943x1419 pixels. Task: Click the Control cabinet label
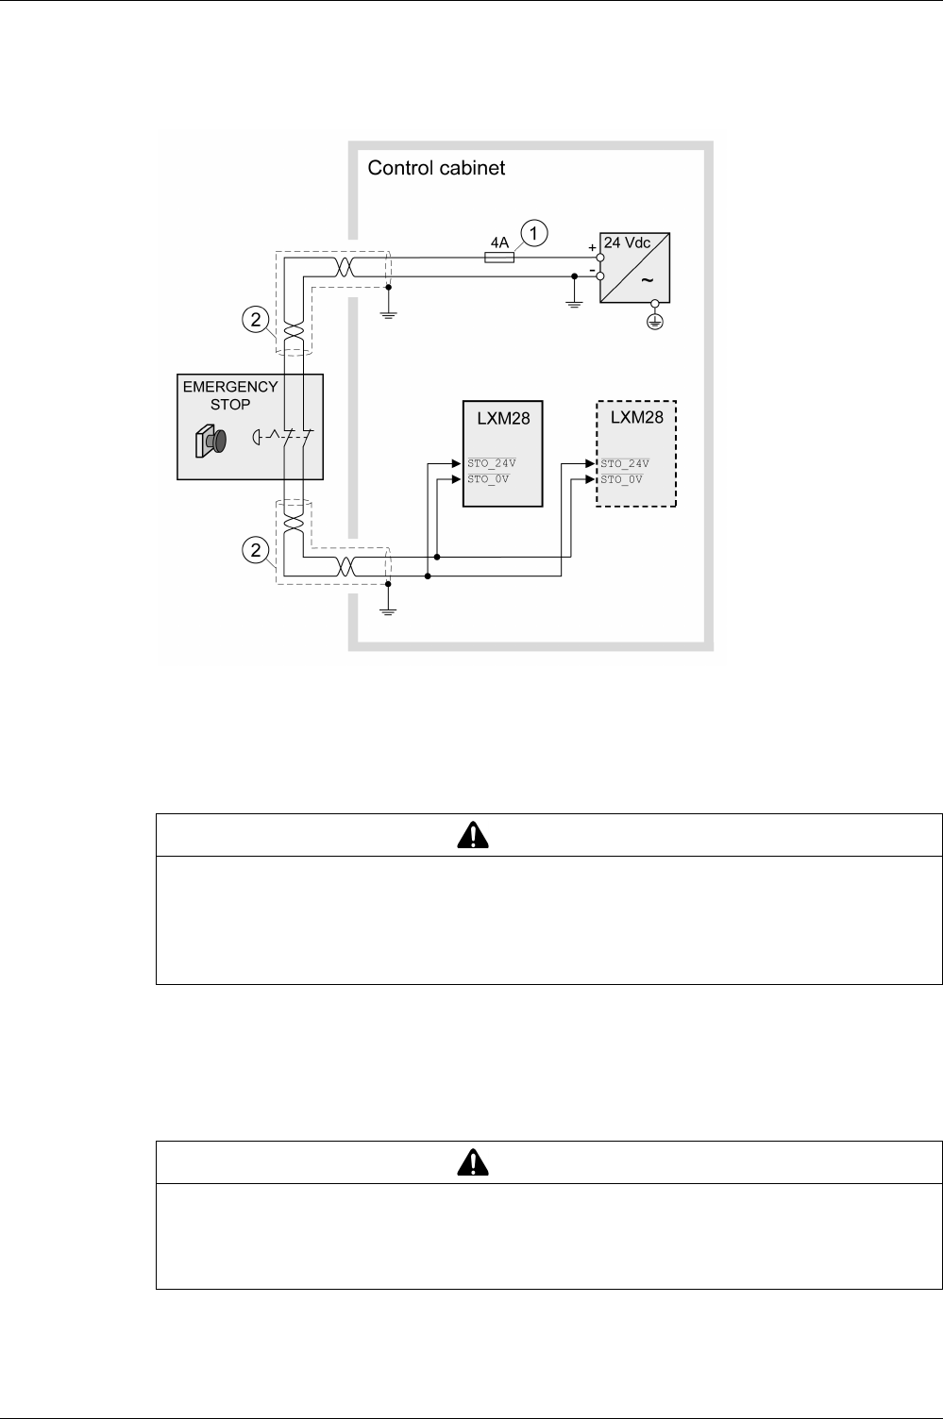pyautogui.click(x=436, y=169)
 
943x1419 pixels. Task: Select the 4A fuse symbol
pyautogui.click(x=499, y=257)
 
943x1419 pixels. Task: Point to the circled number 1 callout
pyautogui.click(x=534, y=233)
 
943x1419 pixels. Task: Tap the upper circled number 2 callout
pyautogui.click(x=253, y=319)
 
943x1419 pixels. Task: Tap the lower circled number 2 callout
pyautogui.click(x=253, y=549)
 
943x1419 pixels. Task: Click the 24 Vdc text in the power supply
pyautogui.click(x=627, y=242)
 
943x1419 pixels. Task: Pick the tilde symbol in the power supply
pyautogui.click(x=648, y=280)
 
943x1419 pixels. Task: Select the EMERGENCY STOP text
pyautogui.click(x=230, y=394)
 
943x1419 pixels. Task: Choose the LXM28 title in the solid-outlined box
pyautogui.click(x=503, y=419)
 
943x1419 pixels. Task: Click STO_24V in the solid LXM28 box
pyautogui.click(x=492, y=463)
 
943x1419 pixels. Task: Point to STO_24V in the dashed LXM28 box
pyautogui.click(x=625, y=463)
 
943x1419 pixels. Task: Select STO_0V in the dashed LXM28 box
pyautogui.click(x=622, y=478)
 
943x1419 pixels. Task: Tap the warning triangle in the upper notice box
pyautogui.click(x=472, y=834)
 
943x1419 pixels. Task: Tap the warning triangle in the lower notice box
pyautogui.click(x=472, y=1162)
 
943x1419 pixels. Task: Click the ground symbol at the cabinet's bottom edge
pyautogui.click(x=388, y=609)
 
